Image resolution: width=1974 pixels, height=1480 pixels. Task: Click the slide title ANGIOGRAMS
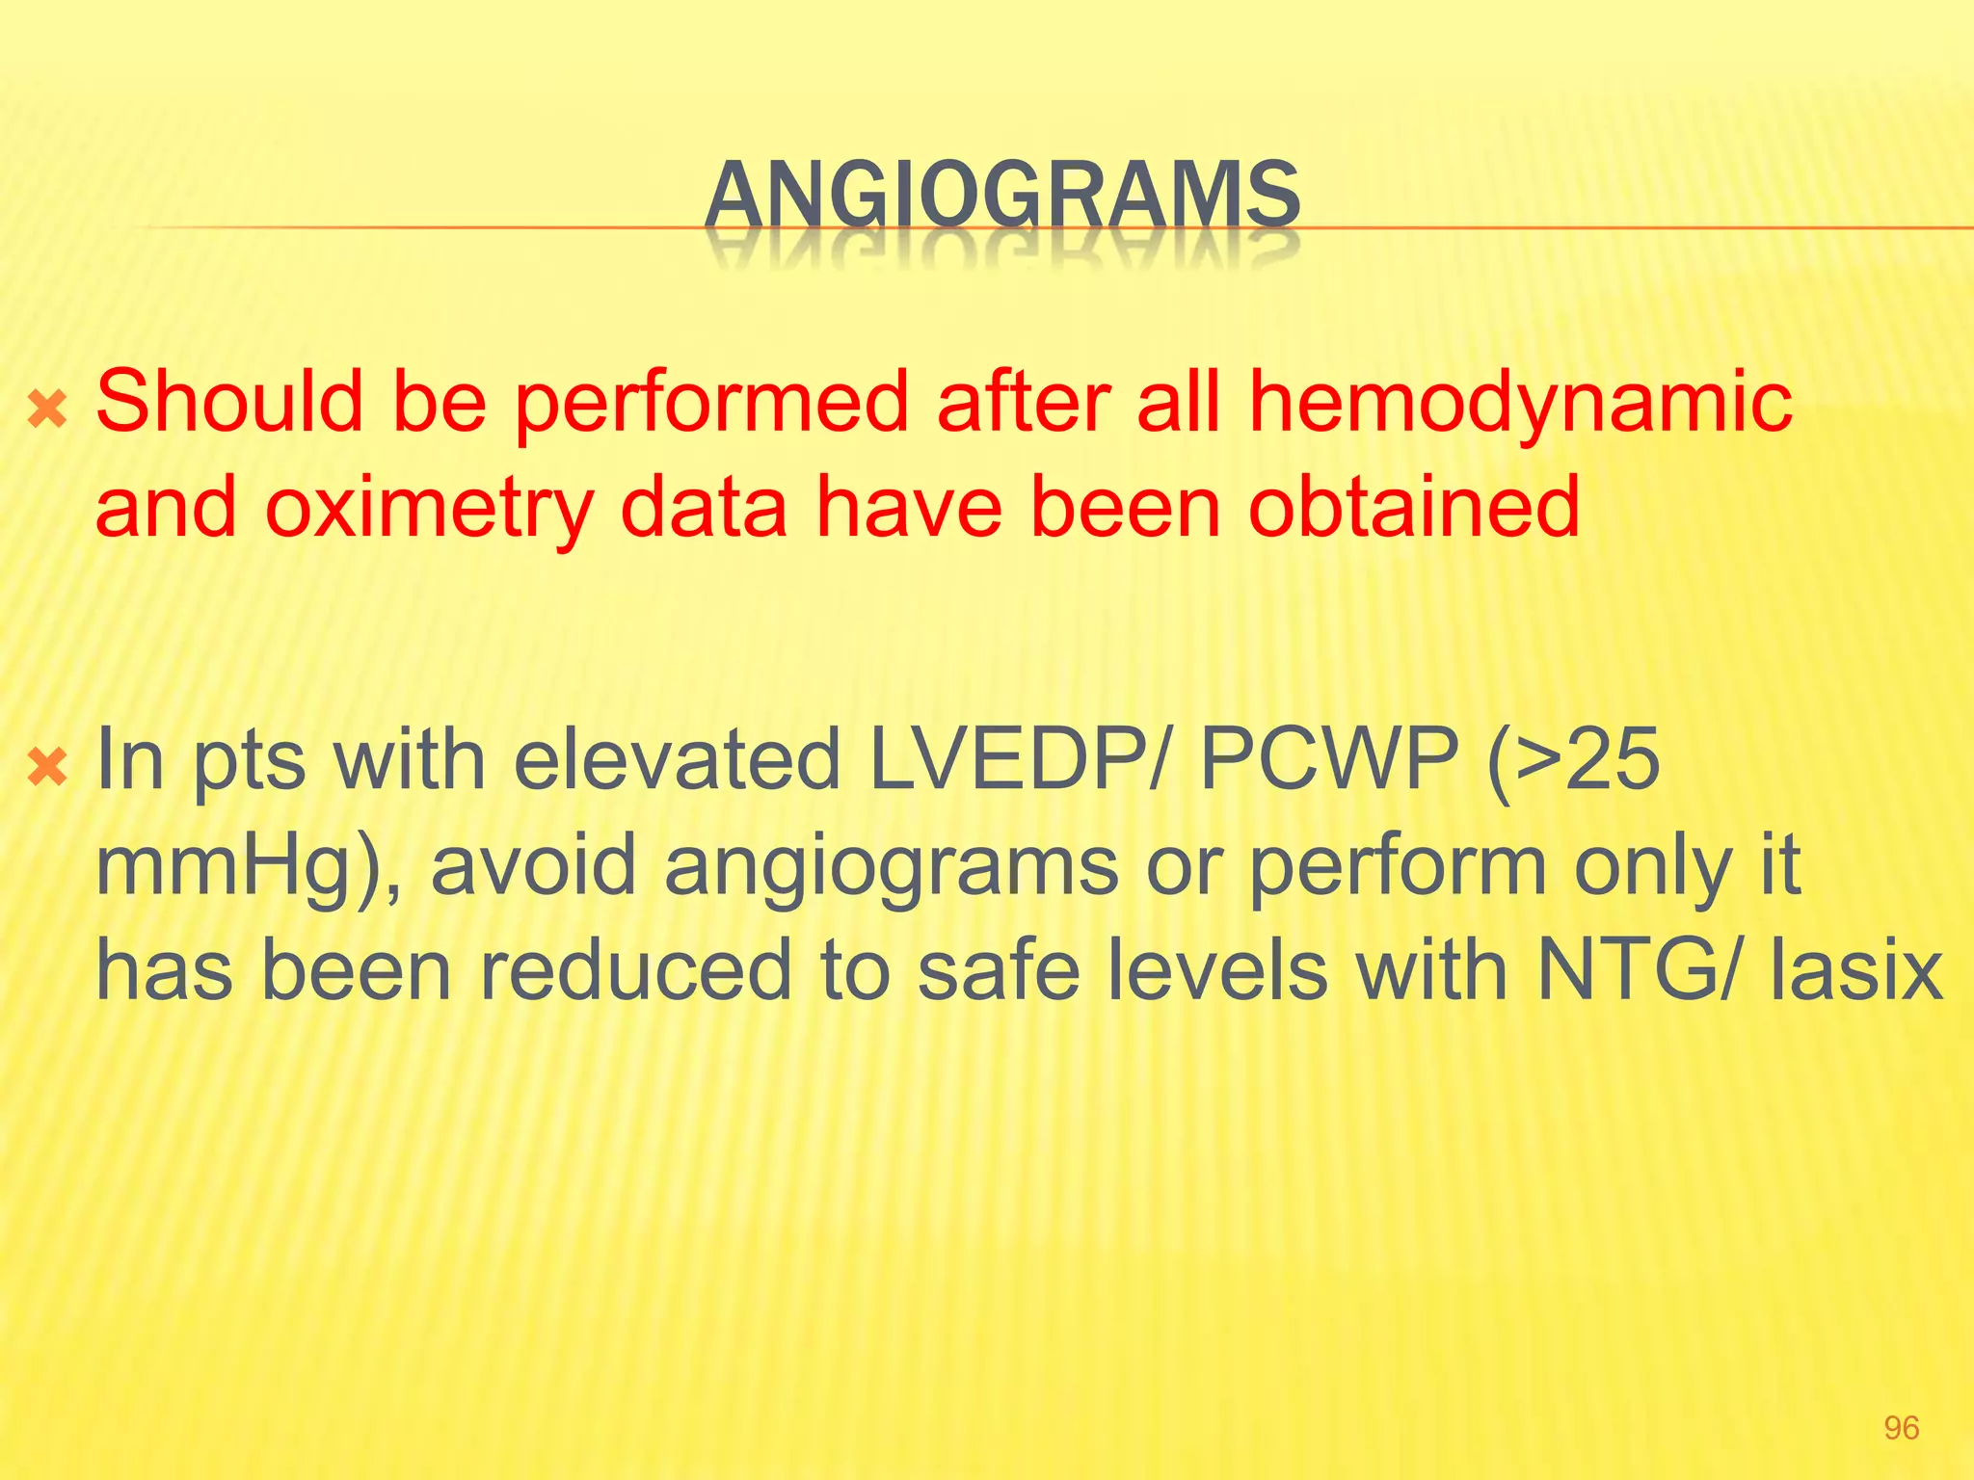pos(1002,195)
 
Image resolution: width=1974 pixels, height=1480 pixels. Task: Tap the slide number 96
pos(1901,1428)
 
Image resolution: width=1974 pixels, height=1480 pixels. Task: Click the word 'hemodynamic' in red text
pos(1521,403)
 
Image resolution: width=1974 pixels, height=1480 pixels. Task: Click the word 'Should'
pos(229,403)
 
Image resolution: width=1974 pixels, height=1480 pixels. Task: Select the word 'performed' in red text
pos(711,403)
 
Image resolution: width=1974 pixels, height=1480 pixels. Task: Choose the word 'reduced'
pos(636,971)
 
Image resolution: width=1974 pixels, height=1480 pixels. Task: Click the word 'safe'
pos(999,971)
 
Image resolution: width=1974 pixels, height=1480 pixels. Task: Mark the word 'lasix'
pos(1856,971)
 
